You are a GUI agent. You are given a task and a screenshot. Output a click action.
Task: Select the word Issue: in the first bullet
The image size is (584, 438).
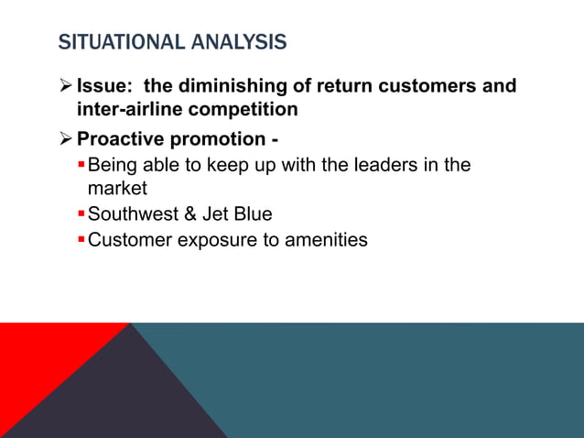(103, 86)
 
